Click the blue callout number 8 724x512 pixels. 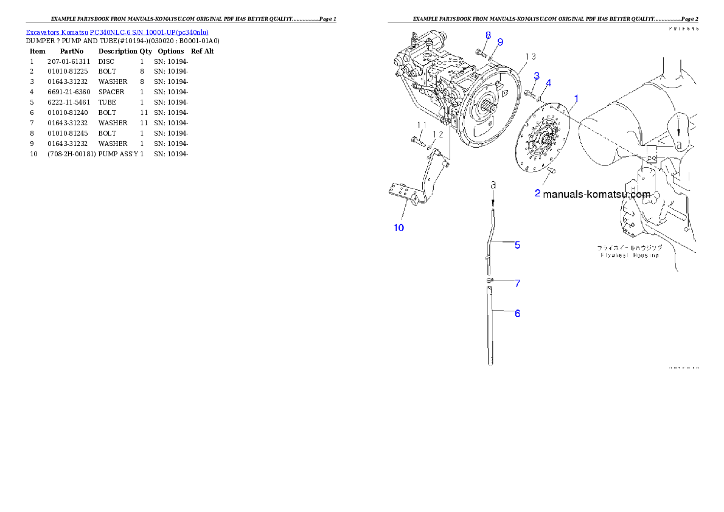pyautogui.click(x=488, y=35)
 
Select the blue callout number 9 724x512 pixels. pyautogui.click(x=500, y=42)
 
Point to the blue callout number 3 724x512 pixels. pyautogui.click(x=548, y=82)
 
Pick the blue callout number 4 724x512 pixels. pyautogui.click(x=548, y=82)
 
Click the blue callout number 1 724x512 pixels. pyautogui.click(x=576, y=98)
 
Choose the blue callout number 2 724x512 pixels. pyautogui.click(x=537, y=193)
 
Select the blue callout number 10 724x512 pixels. pyautogui.click(x=399, y=228)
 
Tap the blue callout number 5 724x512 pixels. pyautogui.click(x=517, y=245)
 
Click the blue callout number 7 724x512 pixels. pyautogui.click(x=517, y=283)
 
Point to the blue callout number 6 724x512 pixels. pyautogui.click(x=517, y=313)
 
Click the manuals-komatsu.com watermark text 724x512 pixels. pyautogui.click(x=596, y=195)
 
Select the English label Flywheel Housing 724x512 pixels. pyautogui.click(x=628, y=255)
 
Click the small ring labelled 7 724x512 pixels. pyautogui.click(x=490, y=280)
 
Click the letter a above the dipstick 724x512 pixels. pyautogui.click(x=493, y=183)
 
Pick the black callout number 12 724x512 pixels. pyautogui.click(x=437, y=134)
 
